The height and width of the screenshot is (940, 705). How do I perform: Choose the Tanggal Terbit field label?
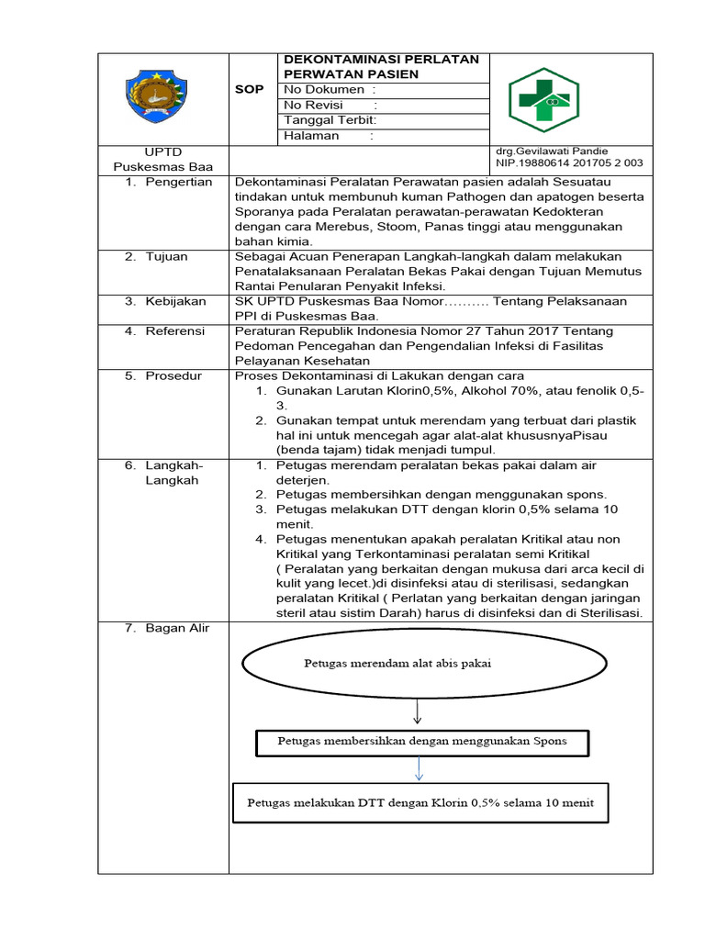[x=330, y=121]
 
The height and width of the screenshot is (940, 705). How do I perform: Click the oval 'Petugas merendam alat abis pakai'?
[x=397, y=665]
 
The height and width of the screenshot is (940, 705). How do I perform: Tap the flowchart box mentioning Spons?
[x=422, y=741]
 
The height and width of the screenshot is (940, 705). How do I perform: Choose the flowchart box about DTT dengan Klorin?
[x=420, y=801]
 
